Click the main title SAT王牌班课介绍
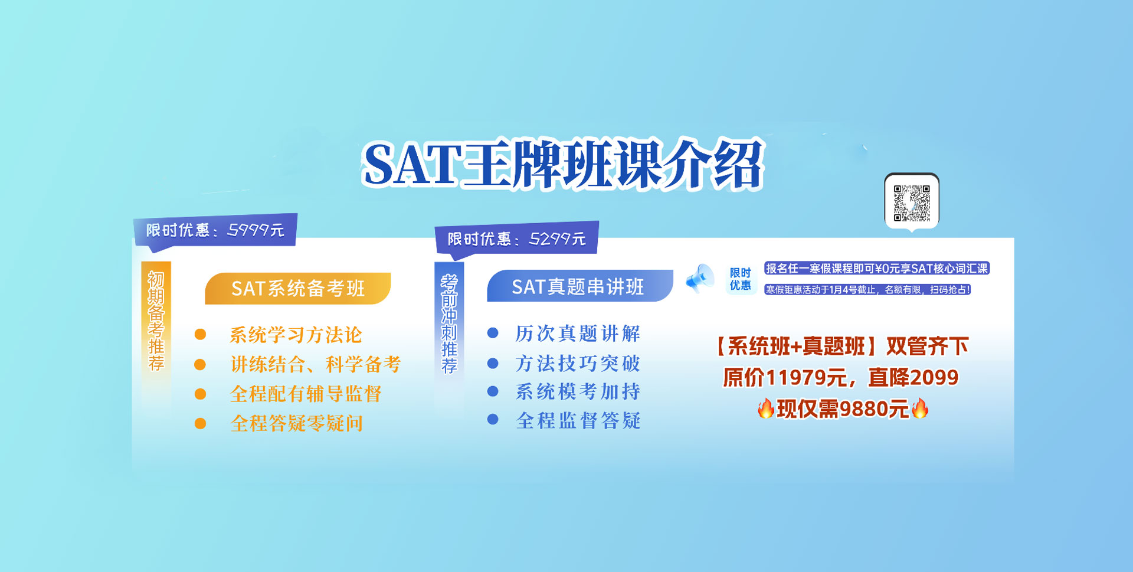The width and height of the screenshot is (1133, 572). tap(564, 164)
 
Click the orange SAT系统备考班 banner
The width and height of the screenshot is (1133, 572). tap(298, 288)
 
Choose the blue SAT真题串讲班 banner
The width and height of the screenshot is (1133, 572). tap(579, 286)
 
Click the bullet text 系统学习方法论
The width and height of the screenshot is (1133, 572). tap(296, 335)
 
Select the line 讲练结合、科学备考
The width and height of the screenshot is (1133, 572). tap(315, 364)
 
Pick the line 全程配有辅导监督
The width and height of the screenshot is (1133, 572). tap(306, 394)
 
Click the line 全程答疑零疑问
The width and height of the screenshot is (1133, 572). tap(296, 423)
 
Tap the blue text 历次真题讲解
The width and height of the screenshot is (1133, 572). tap(578, 334)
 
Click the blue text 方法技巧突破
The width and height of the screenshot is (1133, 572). tap(578, 363)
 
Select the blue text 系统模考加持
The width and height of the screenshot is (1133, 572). tap(578, 391)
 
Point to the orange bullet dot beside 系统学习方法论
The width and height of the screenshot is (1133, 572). tap(201, 335)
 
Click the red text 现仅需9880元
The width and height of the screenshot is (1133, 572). tap(843, 408)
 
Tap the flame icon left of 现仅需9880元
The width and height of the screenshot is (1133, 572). tap(766, 408)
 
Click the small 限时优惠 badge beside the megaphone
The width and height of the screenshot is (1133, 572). tap(740, 279)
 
